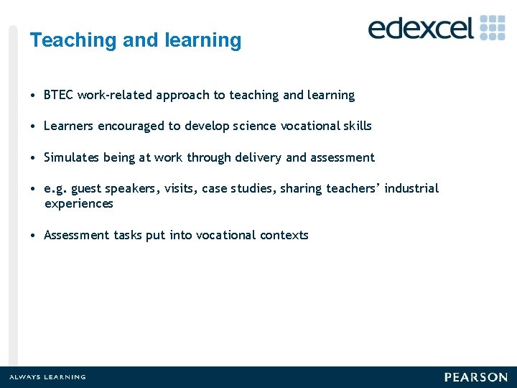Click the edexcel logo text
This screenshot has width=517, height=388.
pyautogui.click(x=421, y=28)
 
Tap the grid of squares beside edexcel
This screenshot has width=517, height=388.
pyautogui.click(x=493, y=27)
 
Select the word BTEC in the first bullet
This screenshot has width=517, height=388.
pyautogui.click(x=59, y=95)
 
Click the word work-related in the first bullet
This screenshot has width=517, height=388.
pyautogui.click(x=114, y=95)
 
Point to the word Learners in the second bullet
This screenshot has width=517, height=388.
pyautogui.click(x=68, y=126)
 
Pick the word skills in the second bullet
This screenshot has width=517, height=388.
pyautogui.click(x=357, y=126)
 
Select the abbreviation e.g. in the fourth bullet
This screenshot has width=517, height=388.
pyautogui.click(x=55, y=189)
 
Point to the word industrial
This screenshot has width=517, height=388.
pyautogui.click(x=411, y=188)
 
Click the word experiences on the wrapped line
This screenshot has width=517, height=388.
pyautogui.click(x=78, y=204)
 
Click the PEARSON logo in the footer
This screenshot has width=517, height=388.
pyautogui.click(x=475, y=377)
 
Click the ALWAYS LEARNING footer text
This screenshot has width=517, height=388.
pyautogui.click(x=47, y=377)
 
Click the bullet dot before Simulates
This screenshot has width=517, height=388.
pyautogui.click(x=34, y=157)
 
